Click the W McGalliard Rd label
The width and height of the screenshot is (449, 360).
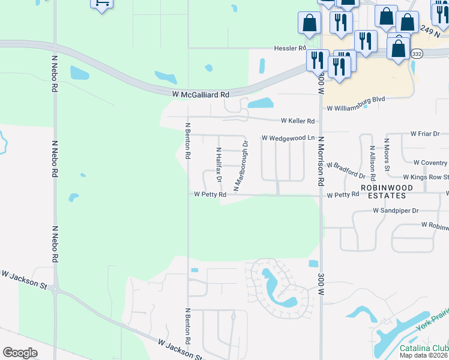(200, 95)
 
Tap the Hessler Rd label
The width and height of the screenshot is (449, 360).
(290, 48)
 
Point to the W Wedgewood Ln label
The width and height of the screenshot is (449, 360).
(288, 138)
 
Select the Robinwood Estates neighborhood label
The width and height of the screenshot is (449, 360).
(387, 191)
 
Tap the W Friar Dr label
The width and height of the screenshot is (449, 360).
(425, 133)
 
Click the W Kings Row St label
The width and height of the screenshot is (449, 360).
(426, 177)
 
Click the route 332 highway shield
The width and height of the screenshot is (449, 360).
(417, 54)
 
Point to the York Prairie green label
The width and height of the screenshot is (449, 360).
(432, 321)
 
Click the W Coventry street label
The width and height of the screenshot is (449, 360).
(430, 163)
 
